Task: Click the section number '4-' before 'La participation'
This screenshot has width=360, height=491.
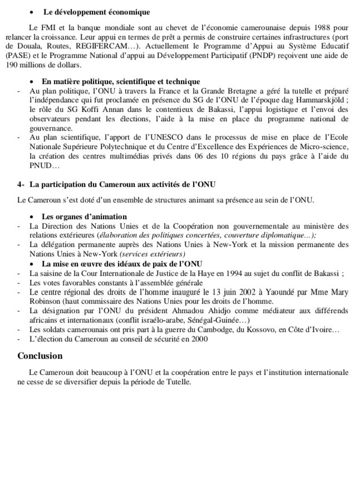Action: (21, 184)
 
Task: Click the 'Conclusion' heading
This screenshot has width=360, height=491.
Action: (40, 356)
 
